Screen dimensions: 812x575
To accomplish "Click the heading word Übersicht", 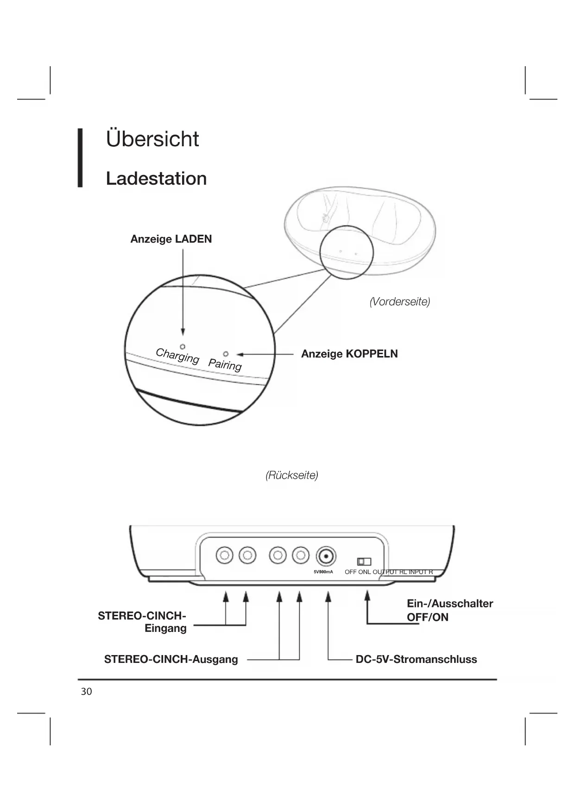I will pyautogui.click(x=152, y=139).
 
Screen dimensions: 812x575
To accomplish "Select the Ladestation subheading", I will pyautogui.click(x=156, y=179).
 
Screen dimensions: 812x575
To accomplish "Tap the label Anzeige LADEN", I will pyautogui.click(x=171, y=239).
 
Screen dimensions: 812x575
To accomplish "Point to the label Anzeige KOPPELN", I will pyautogui.click(x=349, y=354).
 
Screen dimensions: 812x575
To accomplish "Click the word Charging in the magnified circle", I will pyautogui.click(x=177, y=356).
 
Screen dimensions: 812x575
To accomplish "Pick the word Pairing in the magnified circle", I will pyautogui.click(x=225, y=364).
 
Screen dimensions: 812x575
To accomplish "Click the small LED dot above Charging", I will pyautogui.click(x=183, y=346).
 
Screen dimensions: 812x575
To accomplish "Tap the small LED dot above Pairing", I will pyautogui.click(x=226, y=354).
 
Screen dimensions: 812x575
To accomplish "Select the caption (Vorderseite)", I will pyautogui.click(x=399, y=302).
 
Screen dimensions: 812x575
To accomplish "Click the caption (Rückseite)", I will pyautogui.click(x=292, y=475).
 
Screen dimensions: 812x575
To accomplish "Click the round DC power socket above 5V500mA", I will pyautogui.click(x=326, y=556).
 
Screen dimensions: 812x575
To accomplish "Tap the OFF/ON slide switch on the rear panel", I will pyautogui.click(x=364, y=562).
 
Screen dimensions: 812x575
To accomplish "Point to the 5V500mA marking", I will pyautogui.click(x=323, y=572).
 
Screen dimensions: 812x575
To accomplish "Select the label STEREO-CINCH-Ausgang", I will pyautogui.click(x=171, y=659).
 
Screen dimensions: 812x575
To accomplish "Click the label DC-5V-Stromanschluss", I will pyautogui.click(x=416, y=659).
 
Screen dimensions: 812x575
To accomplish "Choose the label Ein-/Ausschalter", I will pyautogui.click(x=450, y=604).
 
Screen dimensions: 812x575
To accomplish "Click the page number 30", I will pyautogui.click(x=87, y=692).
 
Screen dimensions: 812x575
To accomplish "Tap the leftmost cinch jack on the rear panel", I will pyautogui.click(x=225, y=555).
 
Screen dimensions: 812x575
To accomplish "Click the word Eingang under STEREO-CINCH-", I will pyautogui.click(x=165, y=628).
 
